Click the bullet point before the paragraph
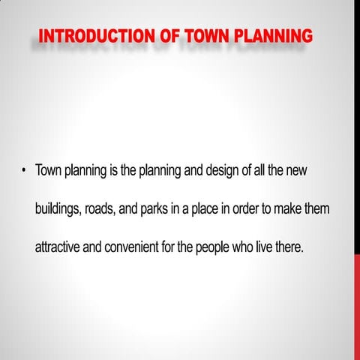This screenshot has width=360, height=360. (x=24, y=171)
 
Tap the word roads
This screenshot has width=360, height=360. (x=99, y=209)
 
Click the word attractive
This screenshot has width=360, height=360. (x=58, y=247)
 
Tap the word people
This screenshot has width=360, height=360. (x=214, y=248)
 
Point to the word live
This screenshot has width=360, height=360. (x=266, y=247)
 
